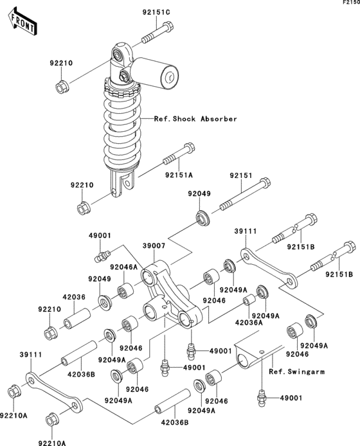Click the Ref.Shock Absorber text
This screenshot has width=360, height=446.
tap(195, 119)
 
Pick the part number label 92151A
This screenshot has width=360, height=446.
tap(179, 174)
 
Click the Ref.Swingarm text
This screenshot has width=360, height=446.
tap(297, 371)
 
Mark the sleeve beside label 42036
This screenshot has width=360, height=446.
tap(78, 318)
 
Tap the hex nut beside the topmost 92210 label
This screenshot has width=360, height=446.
tap(62, 85)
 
